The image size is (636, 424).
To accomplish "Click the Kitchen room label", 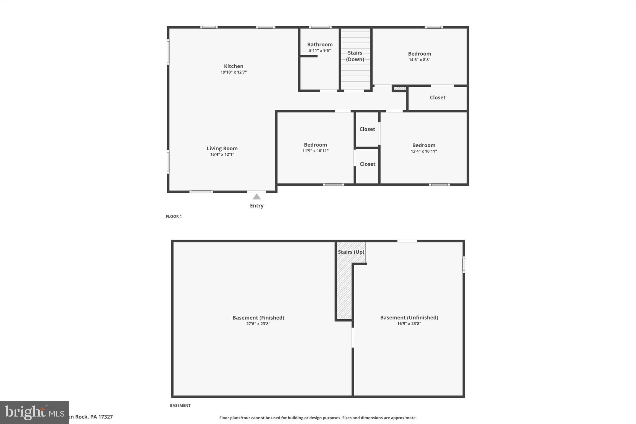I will point(234,66).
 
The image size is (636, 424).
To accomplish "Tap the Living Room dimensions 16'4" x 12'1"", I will point(222,154).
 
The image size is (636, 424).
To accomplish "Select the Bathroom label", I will point(320,44).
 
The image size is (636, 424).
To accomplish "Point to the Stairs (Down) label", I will point(355,56).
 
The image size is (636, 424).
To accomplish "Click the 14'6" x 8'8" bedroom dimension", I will point(419,60).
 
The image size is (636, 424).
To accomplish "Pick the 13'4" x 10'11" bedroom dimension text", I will point(424,151).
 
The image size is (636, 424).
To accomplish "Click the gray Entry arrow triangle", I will point(257,197).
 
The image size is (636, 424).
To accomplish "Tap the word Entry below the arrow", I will point(257,206).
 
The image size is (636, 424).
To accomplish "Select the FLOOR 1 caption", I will point(174,217).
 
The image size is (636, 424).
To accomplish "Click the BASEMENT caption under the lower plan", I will point(180,405).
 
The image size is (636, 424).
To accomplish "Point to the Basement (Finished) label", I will point(258,317).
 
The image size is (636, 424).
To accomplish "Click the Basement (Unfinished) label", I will point(409,317).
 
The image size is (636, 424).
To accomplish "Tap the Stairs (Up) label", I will point(351,252).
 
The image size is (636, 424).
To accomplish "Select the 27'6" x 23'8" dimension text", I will point(258,324).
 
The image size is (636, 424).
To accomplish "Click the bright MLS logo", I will point(34,413).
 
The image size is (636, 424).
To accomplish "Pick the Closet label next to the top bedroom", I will point(437,98).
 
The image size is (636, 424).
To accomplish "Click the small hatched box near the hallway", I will point(400,89).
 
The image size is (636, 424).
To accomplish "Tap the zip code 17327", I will point(105,417).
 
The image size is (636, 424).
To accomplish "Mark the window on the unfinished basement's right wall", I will point(464,265).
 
